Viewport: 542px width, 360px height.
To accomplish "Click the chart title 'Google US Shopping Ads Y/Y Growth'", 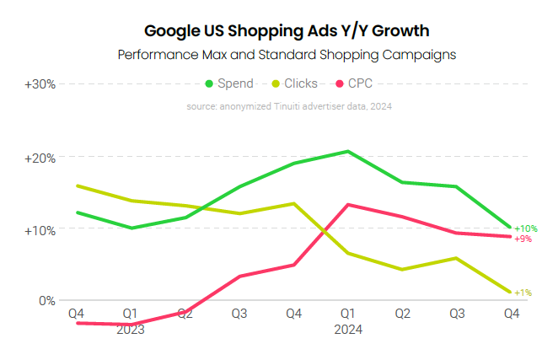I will coord(287,31).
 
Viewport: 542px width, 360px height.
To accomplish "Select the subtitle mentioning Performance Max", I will coord(287,55).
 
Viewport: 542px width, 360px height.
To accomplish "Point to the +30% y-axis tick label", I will coord(40,84).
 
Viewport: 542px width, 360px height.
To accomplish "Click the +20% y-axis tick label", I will coord(40,158).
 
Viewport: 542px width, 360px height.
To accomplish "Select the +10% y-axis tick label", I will coord(40,230).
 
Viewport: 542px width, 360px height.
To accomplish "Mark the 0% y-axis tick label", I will coord(46,301).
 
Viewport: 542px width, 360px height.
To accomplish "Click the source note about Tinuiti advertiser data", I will coord(289,106).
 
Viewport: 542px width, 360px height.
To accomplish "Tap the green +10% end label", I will coord(524,228).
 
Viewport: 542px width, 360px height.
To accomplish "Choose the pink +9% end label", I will coord(523,239).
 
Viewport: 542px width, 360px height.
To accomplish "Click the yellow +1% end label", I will coord(523,293).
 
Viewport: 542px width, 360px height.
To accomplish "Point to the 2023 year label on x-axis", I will coord(131,330).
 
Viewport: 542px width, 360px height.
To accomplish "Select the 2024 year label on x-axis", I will coord(348,330).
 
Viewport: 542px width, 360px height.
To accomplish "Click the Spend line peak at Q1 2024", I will coord(348,152).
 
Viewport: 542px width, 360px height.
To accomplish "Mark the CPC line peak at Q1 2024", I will coord(348,205).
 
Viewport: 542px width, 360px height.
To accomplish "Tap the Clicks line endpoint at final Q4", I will coord(511,292).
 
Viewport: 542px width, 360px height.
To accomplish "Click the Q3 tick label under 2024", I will coord(456,314).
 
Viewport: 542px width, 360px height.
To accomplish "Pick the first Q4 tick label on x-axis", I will coord(77,314).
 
